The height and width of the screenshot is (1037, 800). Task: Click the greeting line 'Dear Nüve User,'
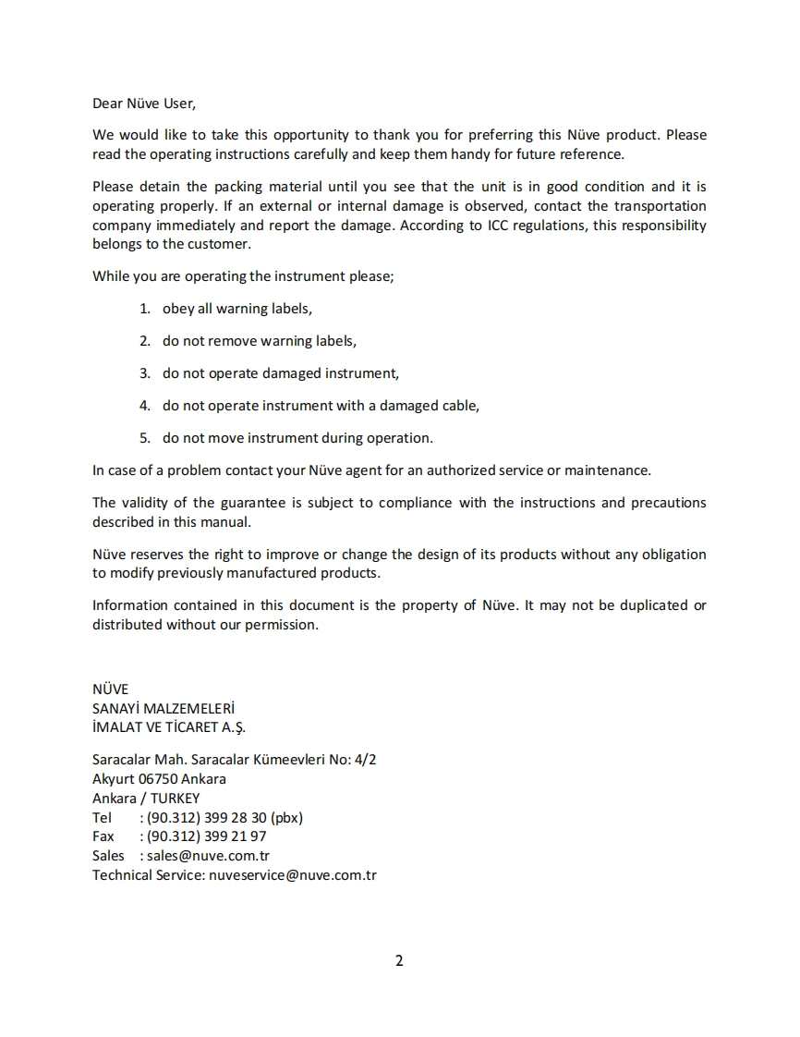(x=144, y=104)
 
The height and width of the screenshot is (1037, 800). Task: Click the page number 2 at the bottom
(x=399, y=960)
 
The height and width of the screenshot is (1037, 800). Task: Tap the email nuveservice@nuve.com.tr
(x=293, y=875)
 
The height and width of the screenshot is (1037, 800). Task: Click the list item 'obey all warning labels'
(x=236, y=309)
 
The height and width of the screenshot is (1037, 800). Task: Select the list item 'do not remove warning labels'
(x=259, y=341)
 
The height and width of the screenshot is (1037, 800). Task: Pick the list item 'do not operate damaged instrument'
(x=280, y=373)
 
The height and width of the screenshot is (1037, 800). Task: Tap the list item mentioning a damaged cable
(x=321, y=406)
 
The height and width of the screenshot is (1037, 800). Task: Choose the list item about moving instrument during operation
(x=297, y=438)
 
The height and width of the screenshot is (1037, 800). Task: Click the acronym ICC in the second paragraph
(x=498, y=226)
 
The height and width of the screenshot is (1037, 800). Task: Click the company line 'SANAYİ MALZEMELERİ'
(x=164, y=708)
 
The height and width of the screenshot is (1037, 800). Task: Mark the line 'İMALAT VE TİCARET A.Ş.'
(x=169, y=726)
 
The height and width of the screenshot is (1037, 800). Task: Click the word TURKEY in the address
(x=176, y=799)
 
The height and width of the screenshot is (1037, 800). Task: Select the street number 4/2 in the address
(x=366, y=760)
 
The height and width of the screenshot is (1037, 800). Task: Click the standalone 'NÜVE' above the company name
(x=110, y=689)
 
